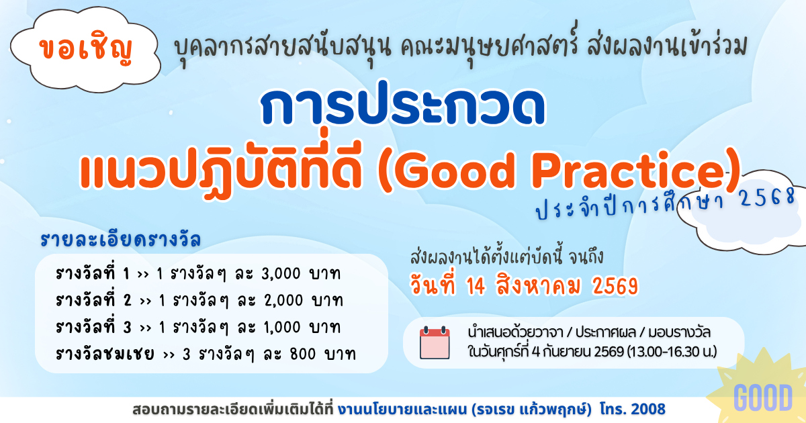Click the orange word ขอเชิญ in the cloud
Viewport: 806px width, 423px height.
(86, 48)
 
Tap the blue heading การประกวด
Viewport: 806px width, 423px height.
(402, 103)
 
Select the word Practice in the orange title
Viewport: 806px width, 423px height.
(629, 171)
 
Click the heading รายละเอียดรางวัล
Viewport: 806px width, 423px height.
(120, 240)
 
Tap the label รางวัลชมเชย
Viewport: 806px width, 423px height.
(105, 354)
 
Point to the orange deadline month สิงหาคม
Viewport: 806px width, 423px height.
(538, 287)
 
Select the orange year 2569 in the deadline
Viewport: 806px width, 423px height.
(615, 287)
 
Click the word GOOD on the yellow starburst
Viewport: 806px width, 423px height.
(763, 397)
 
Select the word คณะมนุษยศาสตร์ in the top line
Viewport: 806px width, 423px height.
(490, 46)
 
